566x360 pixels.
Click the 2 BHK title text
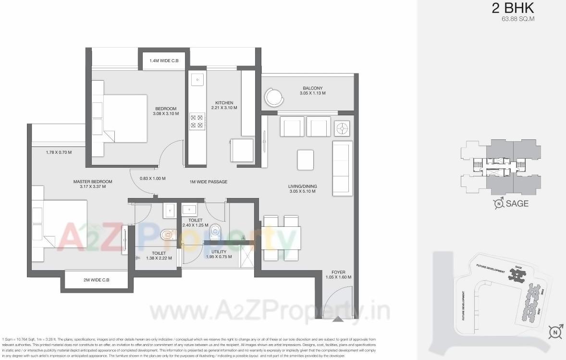(x=513, y=8)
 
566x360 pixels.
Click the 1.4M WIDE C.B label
(x=164, y=61)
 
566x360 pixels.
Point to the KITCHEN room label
(x=224, y=103)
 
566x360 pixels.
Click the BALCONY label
(x=312, y=88)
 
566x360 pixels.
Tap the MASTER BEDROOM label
(x=93, y=182)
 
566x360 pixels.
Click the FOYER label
(x=338, y=272)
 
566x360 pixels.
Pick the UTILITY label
(x=219, y=251)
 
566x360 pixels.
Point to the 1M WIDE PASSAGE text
(x=208, y=182)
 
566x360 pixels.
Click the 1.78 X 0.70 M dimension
(x=59, y=152)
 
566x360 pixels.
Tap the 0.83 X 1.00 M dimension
(x=152, y=178)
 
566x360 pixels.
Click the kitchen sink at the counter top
(x=197, y=80)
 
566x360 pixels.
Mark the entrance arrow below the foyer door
(x=338, y=318)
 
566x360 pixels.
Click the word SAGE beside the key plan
(x=517, y=203)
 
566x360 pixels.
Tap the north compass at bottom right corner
(x=555, y=332)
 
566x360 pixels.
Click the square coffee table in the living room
(x=306, y=160)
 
